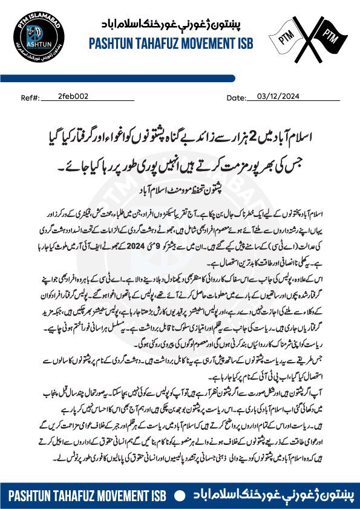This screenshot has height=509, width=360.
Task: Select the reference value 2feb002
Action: [73, 96]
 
